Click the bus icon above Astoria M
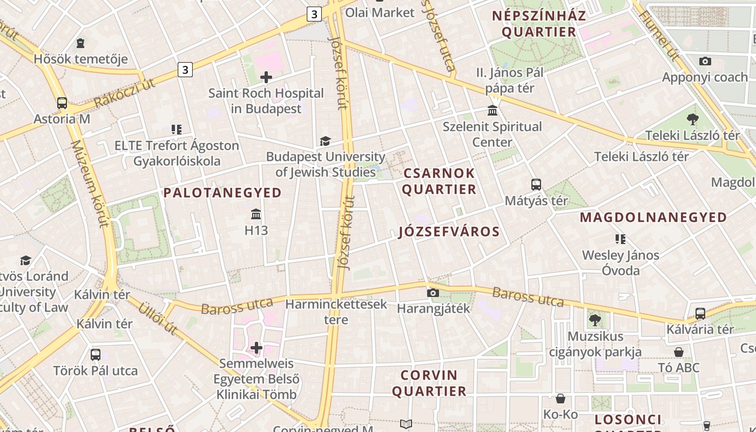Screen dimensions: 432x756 click(62, 103)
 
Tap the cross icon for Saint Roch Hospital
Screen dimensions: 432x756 click(266, 77)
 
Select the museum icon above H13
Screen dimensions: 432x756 click(256, 214)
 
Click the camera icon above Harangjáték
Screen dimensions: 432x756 click(433, 293)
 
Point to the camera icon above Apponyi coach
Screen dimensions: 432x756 click(705, 61)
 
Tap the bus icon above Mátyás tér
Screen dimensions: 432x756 click(536, 185)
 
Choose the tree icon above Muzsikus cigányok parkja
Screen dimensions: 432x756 click(595, 320)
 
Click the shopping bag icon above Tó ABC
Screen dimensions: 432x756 click(679, 352)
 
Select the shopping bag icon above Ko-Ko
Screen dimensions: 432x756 click(561, 399)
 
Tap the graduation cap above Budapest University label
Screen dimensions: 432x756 click(325, 141)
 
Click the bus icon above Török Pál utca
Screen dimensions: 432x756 click(96, 355)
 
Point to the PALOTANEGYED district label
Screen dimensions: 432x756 click(222, 193)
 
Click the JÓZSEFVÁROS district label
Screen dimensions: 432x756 click(449, 232)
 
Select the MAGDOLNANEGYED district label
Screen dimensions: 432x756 click(653, 218)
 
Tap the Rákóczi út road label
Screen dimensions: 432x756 click(125, 93)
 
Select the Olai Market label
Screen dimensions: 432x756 click(380, 12)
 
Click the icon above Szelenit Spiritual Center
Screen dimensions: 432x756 click(492, 111)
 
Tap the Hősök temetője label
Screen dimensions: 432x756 click(81, 58)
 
